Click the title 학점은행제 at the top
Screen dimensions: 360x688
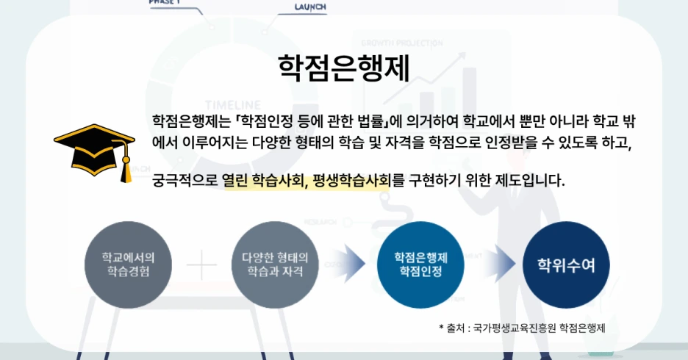(344, 68)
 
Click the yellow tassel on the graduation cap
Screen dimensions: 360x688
(126, 167)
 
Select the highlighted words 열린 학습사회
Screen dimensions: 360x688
(263, 180)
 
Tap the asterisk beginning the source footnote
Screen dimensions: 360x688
(441, 328)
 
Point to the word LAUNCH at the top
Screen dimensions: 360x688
(310, 7)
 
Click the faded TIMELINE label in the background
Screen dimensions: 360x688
(233, 104)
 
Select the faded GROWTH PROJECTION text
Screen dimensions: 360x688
(404, 42)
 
